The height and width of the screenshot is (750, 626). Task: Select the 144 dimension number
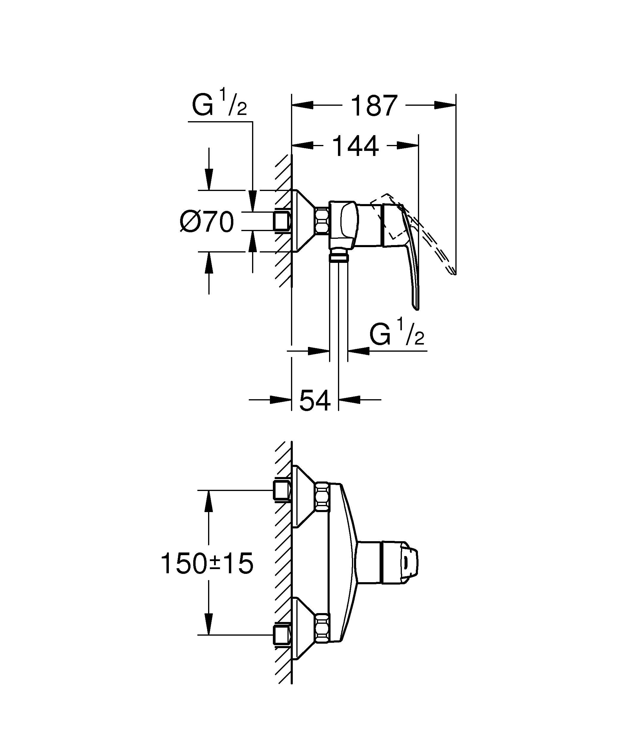(355, 146)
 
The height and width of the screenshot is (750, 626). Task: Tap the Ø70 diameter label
(207, 222)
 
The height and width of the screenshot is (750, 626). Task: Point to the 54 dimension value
(314, 400)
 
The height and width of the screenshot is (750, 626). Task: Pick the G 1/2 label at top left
(219, 104)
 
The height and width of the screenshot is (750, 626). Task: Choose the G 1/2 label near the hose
(397, 334)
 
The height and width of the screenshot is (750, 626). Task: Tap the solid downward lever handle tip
(416, 305)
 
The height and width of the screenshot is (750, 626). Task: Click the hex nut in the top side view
(322, 221)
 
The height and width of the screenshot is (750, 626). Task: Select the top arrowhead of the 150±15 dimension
(209, 500)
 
